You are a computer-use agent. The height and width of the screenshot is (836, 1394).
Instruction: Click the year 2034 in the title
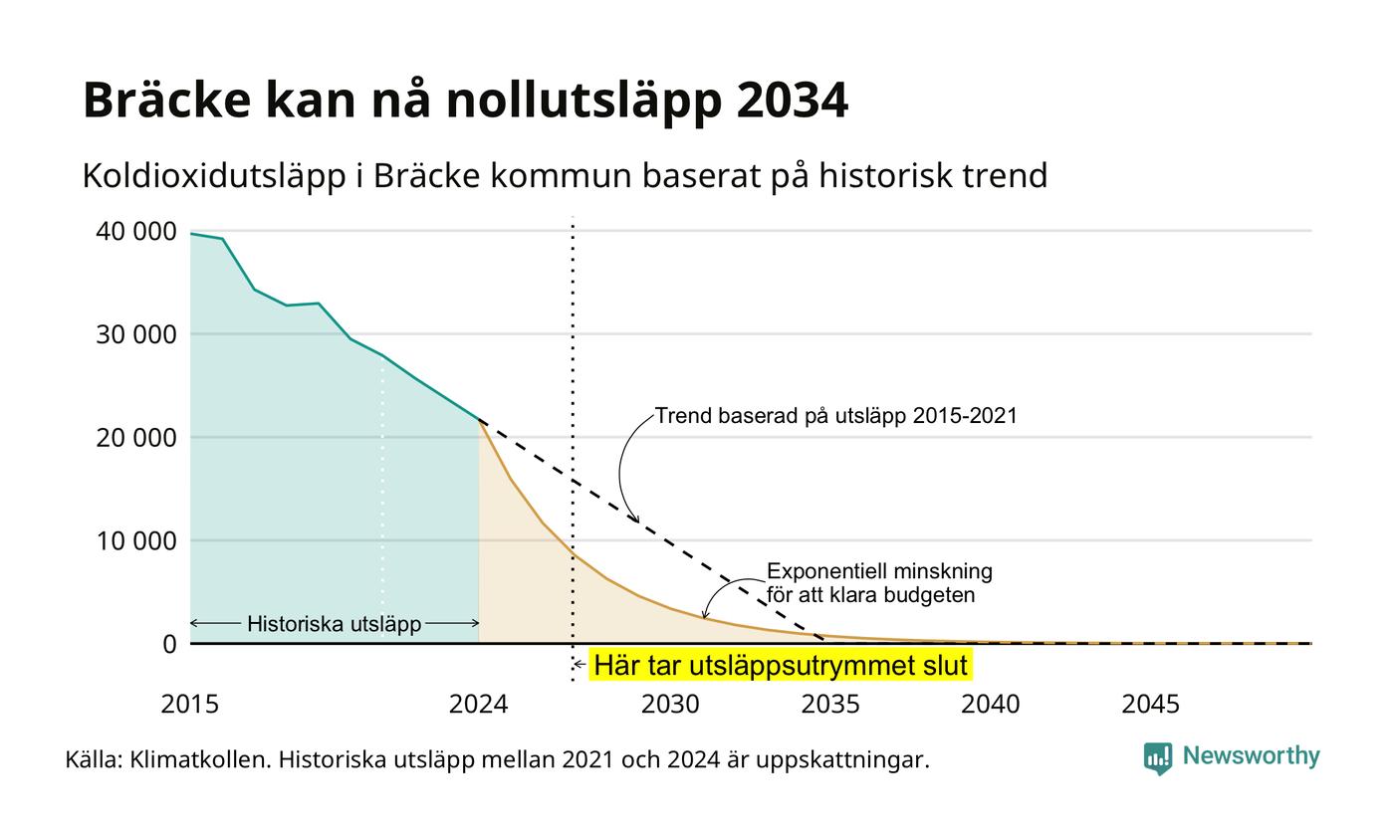pos(793,100)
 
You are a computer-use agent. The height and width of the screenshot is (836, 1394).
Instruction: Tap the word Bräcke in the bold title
pos(167,99)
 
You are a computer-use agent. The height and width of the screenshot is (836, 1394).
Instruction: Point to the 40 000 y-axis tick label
pos(135,231)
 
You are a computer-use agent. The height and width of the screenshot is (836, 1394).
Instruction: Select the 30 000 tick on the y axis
pos(135,334)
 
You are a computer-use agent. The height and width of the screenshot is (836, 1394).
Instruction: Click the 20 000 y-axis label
pos(135,438)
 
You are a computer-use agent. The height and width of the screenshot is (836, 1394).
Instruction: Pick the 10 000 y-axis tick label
pos(135,541)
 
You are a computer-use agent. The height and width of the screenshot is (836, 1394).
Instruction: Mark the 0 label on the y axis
pos(169,645)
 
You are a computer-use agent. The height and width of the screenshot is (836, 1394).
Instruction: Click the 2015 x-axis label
pos(190,705)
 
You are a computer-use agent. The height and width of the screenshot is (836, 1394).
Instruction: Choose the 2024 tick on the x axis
pos(479,705)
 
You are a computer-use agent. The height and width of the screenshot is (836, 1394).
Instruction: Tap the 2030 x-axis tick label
pos(671,705)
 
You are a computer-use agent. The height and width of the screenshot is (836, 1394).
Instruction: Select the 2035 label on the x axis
pos(830,705)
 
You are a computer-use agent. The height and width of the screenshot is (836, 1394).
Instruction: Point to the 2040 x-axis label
pos(991,705)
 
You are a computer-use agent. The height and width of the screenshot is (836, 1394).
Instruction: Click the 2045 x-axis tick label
pos(1151,705)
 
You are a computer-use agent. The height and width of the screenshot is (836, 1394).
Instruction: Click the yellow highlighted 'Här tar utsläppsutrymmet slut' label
pos(781,666)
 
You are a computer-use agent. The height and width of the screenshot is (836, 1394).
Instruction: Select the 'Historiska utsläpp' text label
pos(335,624)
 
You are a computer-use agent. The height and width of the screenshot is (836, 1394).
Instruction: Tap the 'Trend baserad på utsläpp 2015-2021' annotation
pos(835,416)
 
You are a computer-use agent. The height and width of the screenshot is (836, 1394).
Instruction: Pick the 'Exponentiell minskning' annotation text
pos(879,571)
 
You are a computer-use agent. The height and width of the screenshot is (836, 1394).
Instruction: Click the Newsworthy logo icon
pos(1157,758)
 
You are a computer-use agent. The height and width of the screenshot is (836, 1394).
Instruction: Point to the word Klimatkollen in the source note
pos(200,759)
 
